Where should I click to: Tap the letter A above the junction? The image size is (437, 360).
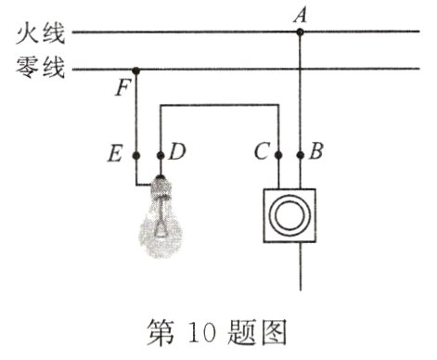[x=299, y=14]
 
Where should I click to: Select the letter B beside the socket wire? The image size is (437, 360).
[x=316, y=152]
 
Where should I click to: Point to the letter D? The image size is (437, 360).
[x=177, y=152]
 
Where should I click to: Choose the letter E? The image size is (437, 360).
[x=115, y=152]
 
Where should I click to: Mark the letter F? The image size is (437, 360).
[x=123, y=90]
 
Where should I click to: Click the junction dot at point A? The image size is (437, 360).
[x=299, y=33]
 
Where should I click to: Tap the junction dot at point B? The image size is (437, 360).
[x=299, y=154]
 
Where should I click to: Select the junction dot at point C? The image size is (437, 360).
[x=279, y=154]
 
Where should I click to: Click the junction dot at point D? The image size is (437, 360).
[x=161, y=154]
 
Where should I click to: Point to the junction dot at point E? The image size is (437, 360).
[x=136, y=154]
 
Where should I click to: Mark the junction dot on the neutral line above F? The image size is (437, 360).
[x=136, y=69]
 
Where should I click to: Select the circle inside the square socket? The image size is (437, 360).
[x=289, y=216]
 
